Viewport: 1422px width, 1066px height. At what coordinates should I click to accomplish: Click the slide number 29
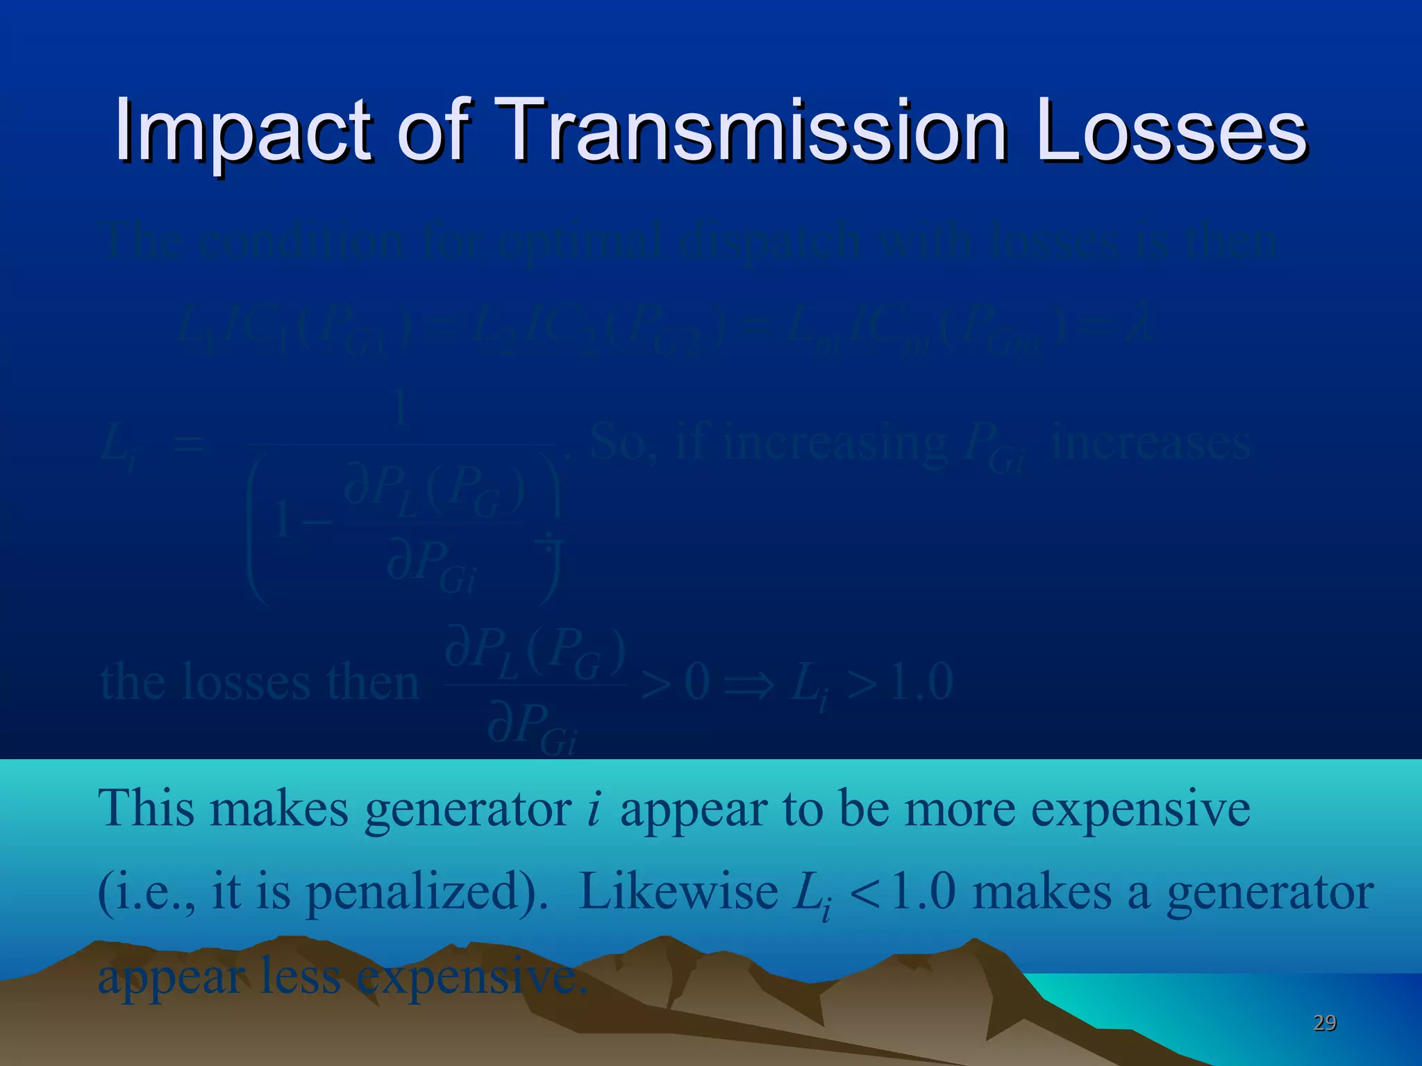click(1324, 1023)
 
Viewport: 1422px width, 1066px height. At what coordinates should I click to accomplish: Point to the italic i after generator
click(592, 811)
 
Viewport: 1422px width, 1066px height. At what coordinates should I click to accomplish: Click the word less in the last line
click(299, 976)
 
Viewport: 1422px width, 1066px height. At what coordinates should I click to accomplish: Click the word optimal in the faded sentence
click(580, 242)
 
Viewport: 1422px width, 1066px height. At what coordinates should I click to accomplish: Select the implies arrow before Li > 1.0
click(748, 684)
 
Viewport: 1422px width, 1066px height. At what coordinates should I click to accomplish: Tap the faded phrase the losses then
click(260, 683)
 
